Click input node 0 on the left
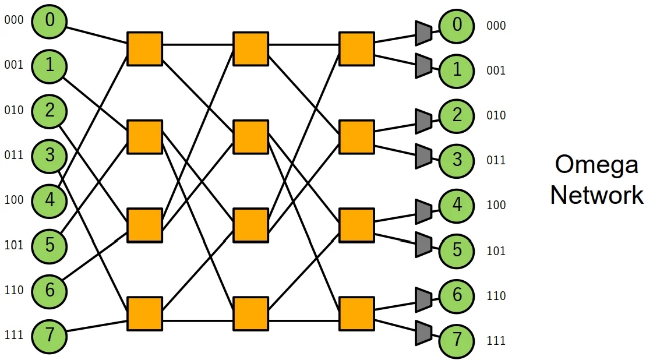pyautogui.click(x=50, y=21)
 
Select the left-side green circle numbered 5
pyautogui.click(x=50, y=245)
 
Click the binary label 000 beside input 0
pyautogui.click(x=14, y=20)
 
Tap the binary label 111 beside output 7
pyautogui.click(x=496, y=341)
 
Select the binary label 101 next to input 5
pyautogui.click(x=14, y=245)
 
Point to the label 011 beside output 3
pyautogui.click(x=496, y=160)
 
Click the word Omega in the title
pyautogui.click(x=596, y=165)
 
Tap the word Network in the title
pyautogui.click(x=596, y=195)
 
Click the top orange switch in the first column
pyautogui.click(x=144, y=48)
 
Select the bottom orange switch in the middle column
pyautogui.click(x=250, y=313)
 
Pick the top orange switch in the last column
pyautogui.click(x=356, y=48)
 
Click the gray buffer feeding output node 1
pyautogui.click(x=423, y=66)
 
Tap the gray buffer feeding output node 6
pyautogui.click(x=423, y=299)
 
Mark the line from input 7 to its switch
pyautogui.click(x=97, y=326)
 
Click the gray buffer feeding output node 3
pyautogui.click(x=423, y=156)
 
